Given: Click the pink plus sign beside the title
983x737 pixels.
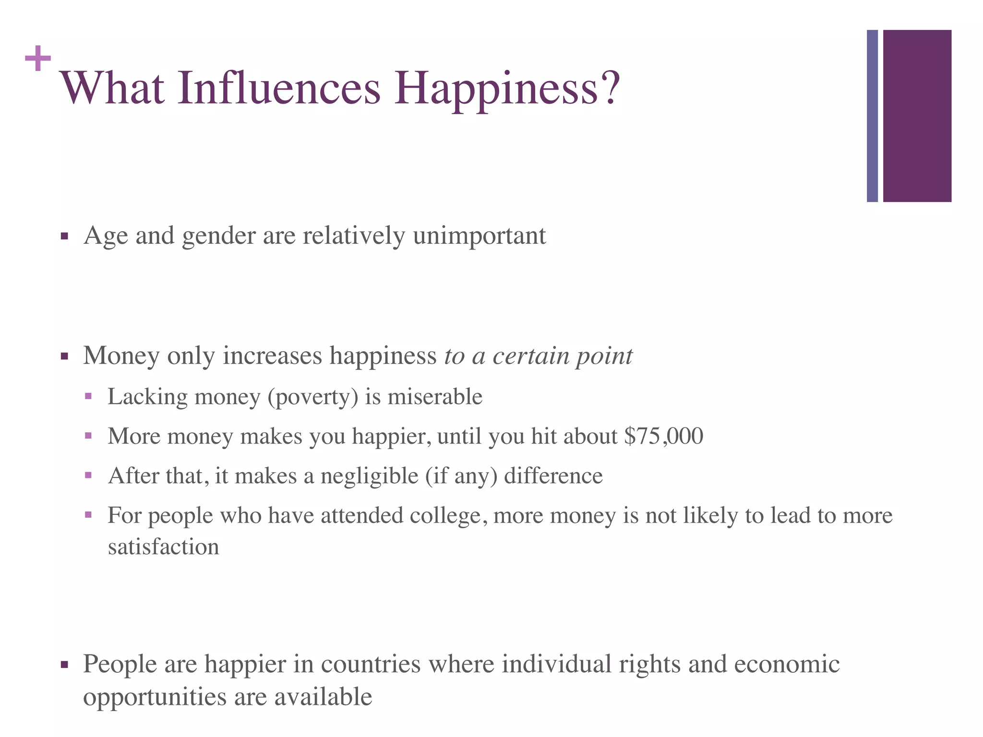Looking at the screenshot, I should coord(38,59).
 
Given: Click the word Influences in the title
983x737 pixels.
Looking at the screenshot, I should coord(279,88).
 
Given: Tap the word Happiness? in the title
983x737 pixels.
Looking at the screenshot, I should coord(507,88).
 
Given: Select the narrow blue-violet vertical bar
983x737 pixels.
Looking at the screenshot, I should coord(872,116).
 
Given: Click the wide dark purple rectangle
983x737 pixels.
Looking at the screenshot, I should coord(917,116).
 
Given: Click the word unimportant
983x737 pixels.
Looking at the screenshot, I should coord(479,237).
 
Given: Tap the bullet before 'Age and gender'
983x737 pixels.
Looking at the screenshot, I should coord(64,237).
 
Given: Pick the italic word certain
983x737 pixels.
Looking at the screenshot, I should coord(530,356).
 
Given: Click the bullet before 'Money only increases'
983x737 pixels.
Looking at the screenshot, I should coord(64,357).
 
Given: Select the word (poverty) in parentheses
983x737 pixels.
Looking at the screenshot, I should coord(313,397).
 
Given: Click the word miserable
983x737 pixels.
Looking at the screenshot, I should coord(435,397).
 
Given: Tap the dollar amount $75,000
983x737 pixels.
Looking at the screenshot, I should coord(664,436).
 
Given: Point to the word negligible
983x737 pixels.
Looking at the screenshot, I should coord(369,476).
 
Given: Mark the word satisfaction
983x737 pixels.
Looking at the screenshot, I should coord(163,547).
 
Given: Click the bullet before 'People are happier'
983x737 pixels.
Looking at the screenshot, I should coord(64,665).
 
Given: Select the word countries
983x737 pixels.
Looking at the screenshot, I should coord(371,665).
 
